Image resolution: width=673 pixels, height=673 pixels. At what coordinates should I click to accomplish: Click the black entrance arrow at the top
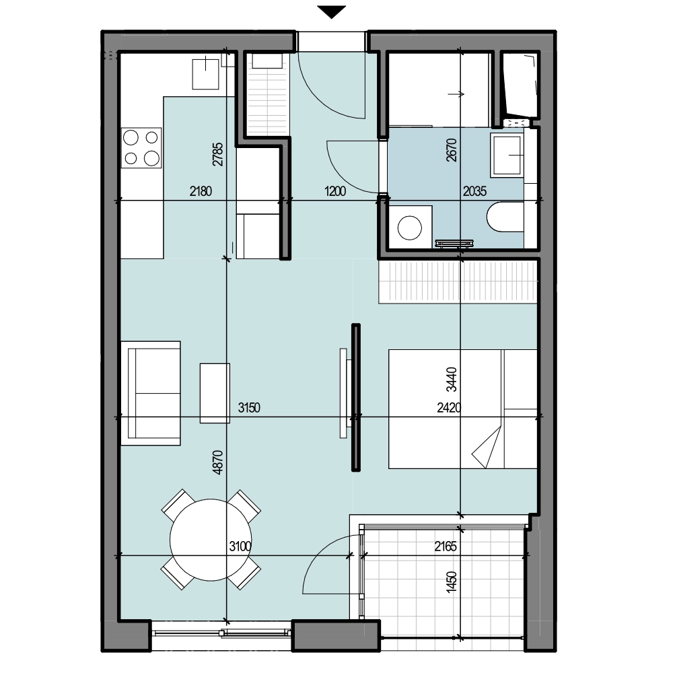(x=331, y=12)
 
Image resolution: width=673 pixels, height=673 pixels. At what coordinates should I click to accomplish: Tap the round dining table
(x=211, y=540)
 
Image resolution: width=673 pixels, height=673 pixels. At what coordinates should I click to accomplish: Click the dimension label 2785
(x=218, y=155)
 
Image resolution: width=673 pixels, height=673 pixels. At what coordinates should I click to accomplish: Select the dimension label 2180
(x=201, y=191)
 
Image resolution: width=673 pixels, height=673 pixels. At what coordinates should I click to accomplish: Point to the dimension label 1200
(x=334, y=191)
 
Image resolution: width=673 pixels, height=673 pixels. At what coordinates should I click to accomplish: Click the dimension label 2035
(x=474, y=191)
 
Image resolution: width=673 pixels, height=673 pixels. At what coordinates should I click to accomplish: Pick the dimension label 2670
(x=452, y=150)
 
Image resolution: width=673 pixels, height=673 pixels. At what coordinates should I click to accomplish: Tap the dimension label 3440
(x=452, y=380)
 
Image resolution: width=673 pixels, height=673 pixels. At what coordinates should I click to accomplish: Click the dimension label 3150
(x=249, y=407)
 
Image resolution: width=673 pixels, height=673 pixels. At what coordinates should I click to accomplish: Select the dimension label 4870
(x=218, y=462)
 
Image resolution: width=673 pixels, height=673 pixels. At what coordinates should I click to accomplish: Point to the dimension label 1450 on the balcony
(x=452, y=582)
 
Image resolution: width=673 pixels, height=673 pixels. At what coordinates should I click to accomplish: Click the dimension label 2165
(x=446, y=546)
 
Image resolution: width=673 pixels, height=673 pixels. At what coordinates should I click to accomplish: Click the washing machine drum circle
(x=409, y=227)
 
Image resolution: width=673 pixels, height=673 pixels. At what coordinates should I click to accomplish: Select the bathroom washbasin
(x=507, y=154)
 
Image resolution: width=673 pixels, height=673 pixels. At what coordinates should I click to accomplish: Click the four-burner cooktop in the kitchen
(x=141, y=147)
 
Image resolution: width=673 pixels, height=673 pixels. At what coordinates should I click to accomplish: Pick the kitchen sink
(x=205, y=74)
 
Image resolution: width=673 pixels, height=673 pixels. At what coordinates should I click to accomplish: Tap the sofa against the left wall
(x=150, y=393)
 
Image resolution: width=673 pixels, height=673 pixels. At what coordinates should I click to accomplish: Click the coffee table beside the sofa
(x=215, y=393)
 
